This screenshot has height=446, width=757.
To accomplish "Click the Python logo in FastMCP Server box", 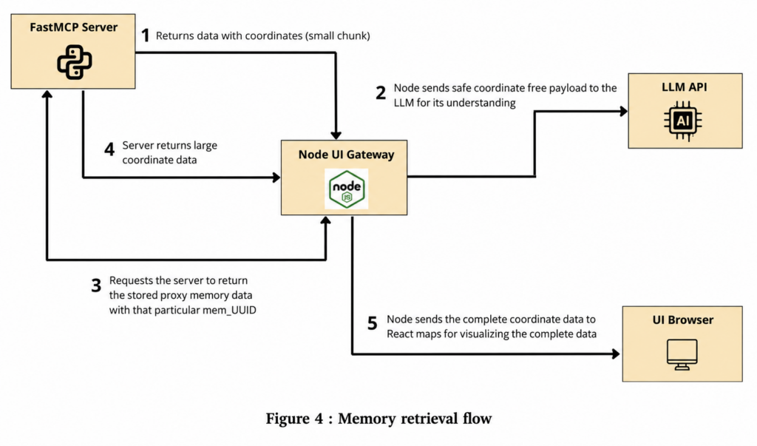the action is pos(75,62).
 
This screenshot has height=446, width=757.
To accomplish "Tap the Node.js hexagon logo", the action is pos(346,189).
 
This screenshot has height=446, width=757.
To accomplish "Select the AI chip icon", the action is pos(682,121).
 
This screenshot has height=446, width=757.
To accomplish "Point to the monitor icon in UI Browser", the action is pos(682,355).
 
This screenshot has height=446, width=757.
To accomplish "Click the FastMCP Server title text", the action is pos(73,27).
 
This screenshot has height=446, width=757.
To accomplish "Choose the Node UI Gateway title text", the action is pos(346,155).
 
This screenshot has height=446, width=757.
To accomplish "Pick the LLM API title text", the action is pos(684,87).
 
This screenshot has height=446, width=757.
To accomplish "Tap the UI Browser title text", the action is pos(682,320).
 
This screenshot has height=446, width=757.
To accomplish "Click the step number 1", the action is pos(145,36).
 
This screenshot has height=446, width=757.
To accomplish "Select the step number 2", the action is pos(381,92).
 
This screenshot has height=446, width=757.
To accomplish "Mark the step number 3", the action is pos(96,285).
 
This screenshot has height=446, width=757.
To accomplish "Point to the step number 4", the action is pos(109,149).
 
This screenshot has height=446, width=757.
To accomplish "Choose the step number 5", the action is pos(373,322).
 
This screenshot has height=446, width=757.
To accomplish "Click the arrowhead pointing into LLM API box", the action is pos(624,111).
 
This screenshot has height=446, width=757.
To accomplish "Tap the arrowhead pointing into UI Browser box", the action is pos(616,354).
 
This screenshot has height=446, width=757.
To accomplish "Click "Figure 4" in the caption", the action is pos(294,418).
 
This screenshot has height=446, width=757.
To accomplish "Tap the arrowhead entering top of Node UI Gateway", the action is pos(336,135).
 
